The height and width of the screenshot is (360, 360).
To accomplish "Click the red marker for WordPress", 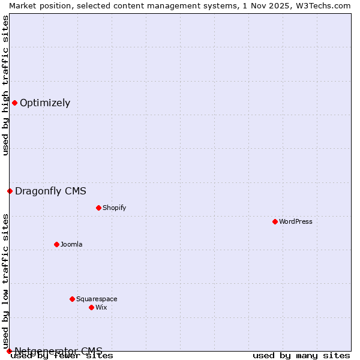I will pyautogui.click(x=275, y=221).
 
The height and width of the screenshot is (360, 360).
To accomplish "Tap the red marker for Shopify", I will pyautogui.click(x=98, y=208).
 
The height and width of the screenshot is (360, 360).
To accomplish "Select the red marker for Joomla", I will pyautogui.click(x=56, y=244).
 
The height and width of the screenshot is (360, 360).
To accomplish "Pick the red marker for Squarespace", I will pyautogui.click(x=72, y=299).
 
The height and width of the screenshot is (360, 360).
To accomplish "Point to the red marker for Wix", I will pyautogui.click(x=91, y=307).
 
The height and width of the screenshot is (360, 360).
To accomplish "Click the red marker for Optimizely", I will pyautogui.click(x=14, y=103).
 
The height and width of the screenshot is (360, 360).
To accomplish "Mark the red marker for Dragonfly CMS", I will pyautogui.click(x=10, y=191).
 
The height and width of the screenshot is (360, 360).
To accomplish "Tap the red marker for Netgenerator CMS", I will pyautogui.click(x=9, y=351).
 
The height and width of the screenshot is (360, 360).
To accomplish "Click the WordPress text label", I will pyautogui.click(x=296, y=221).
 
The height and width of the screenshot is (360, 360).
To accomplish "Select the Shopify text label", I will pyautogui.click(x=115, y=208).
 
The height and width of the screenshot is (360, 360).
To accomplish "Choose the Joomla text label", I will pyautogui.click(x=71, y=244).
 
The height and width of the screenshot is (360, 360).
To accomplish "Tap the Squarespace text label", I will pyautogui.click(x=97, y=299).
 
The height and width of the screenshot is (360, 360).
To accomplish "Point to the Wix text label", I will pyautogui.click(x=101, y=307).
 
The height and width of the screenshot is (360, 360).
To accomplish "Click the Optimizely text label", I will pyautogui.click(x=45, y=103).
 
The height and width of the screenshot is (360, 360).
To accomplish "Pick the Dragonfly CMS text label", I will pyautogui.click(x=51, y=191).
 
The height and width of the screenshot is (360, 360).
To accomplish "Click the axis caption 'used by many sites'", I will pyautogui.click(x=301, y=356).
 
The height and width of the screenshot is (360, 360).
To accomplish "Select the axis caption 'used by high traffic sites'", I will pyautogui.click(x=5, y=85).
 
